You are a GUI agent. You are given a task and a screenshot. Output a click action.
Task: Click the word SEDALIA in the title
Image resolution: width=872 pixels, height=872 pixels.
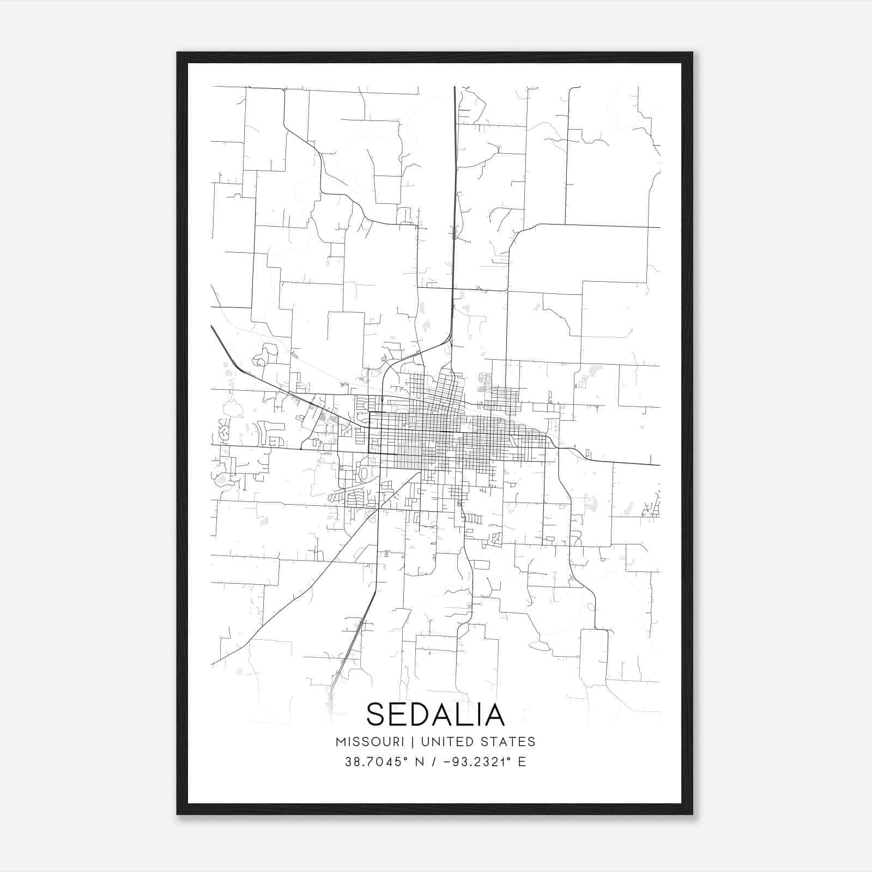[435, 714]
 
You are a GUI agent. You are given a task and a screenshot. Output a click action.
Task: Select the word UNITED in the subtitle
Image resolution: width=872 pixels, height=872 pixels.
[444, 742]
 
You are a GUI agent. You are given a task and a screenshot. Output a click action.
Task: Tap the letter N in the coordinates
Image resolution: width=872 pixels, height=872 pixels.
[420, 762]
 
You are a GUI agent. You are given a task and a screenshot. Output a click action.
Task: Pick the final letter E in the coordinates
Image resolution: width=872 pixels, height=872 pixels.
[522, 762]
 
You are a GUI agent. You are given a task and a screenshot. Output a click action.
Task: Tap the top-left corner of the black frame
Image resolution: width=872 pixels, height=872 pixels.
[178, 53]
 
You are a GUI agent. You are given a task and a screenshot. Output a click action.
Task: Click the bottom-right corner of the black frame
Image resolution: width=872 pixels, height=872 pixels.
[692, 814]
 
